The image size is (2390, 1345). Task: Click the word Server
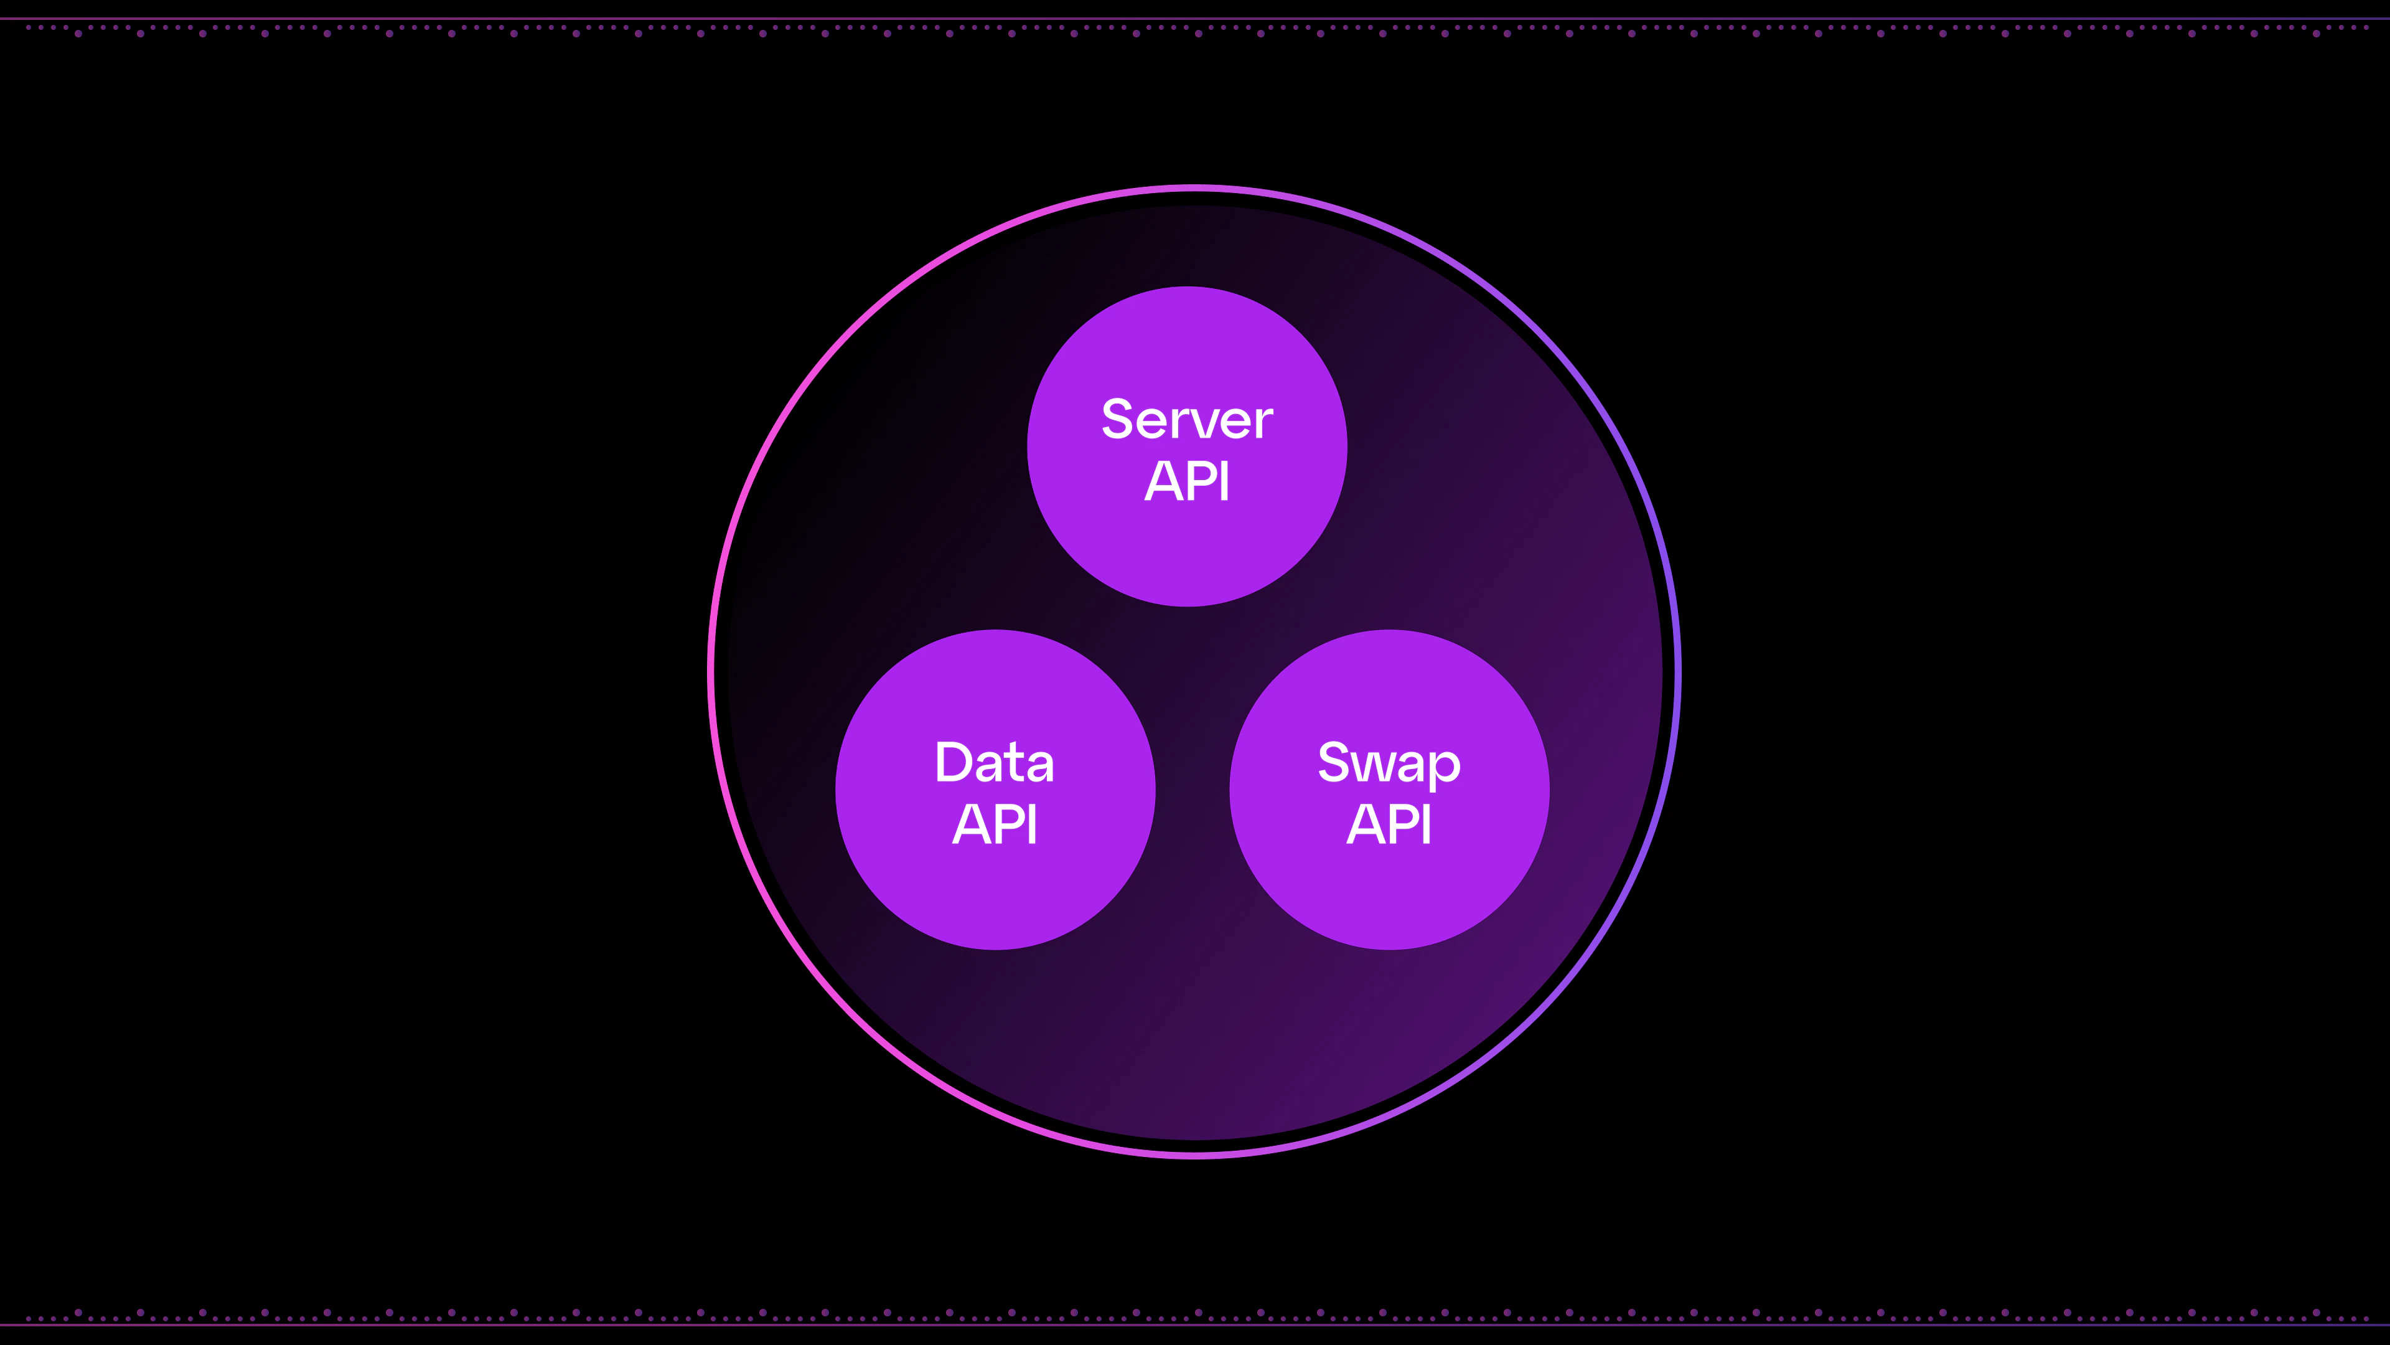(1187, 420)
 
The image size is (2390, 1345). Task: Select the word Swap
(1389, 765)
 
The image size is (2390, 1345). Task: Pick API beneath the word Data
(995, 824)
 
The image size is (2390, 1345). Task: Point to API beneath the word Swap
(1389, 824)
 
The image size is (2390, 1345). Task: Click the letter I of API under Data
(1033, 824)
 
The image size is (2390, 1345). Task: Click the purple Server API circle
(1187, 548)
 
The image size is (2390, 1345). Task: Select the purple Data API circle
(995, 891)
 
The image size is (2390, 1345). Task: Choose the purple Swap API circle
(1389, 891)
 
